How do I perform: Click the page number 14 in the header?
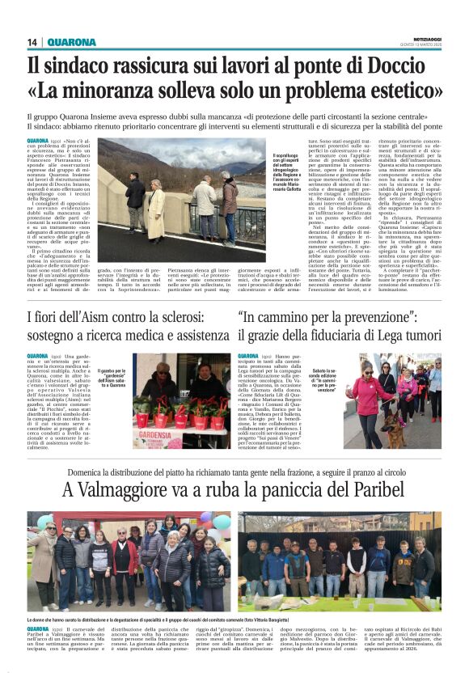(x=32, y=42)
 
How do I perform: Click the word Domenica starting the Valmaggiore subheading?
(x=89, y=470)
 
